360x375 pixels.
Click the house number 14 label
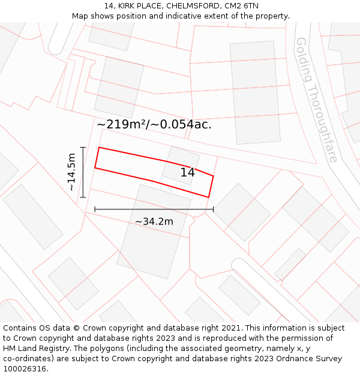[x=188, y=173]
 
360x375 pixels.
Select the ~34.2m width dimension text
[x=154, y=221]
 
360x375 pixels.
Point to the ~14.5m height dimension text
[x=71, y=172]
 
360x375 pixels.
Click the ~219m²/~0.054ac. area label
[x=154, y=125]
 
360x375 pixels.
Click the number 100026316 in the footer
[x=25, y=369]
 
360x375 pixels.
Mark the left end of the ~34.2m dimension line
[x=95, y=209]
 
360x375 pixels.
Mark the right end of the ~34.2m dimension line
[x=213, y=209]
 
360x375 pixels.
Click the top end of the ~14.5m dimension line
[x=83, y=147]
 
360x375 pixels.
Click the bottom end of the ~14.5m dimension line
[x=83, y=197]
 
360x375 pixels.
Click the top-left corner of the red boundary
[x=99, y=147]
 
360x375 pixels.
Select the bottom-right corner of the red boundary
[x=208, y=197]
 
